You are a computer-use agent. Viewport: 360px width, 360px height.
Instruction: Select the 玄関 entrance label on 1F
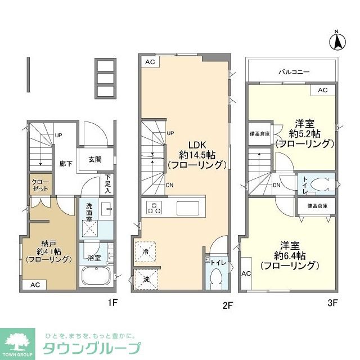[x=94, y=159]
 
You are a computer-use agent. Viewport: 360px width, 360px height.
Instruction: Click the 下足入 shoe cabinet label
[x=108, y=182]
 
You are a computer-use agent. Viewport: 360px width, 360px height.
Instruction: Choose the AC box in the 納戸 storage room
[x=34, y=285]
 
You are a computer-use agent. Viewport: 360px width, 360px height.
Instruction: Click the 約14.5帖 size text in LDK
[x=197, y=154]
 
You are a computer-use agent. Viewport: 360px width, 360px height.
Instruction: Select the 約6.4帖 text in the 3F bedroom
[x=289, y=255]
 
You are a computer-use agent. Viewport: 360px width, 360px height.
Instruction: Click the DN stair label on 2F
[x=169, y=186]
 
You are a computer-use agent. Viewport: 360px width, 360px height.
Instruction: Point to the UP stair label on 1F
[x=58, y=135]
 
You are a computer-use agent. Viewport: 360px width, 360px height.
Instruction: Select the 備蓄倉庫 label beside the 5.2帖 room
[x=259, y=134]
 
